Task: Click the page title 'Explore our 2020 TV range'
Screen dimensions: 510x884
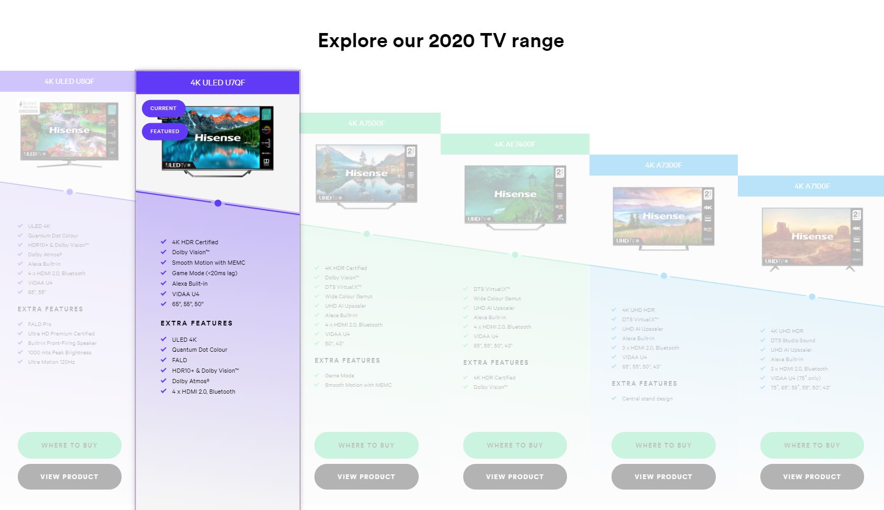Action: (441, 41)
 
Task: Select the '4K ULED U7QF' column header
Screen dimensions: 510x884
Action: (217, 82)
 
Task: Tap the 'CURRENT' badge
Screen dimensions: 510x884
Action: (163, 108)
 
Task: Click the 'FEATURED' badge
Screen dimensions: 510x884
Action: (165, 132)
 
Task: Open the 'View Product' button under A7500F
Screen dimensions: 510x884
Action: (366, 476)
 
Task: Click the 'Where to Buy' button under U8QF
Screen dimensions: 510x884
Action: (69, 445)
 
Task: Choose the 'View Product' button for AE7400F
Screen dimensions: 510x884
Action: (515, 476)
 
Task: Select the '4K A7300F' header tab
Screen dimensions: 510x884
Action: (663, 165)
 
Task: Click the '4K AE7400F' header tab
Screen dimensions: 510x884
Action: (515, 144)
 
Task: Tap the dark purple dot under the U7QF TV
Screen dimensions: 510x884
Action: (218, 203)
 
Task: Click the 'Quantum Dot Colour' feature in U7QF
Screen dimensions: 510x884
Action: (200, 350)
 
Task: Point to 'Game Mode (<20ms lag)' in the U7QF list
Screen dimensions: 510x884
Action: (204, 273)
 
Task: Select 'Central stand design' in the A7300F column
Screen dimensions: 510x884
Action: (647, 399)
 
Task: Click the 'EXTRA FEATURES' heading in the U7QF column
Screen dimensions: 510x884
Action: (197, 323)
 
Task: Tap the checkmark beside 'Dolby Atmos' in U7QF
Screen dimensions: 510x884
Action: (163, 381)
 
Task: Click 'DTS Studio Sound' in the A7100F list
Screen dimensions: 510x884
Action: (793, 341)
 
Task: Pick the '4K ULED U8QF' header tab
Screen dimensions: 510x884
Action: (69, 81)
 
